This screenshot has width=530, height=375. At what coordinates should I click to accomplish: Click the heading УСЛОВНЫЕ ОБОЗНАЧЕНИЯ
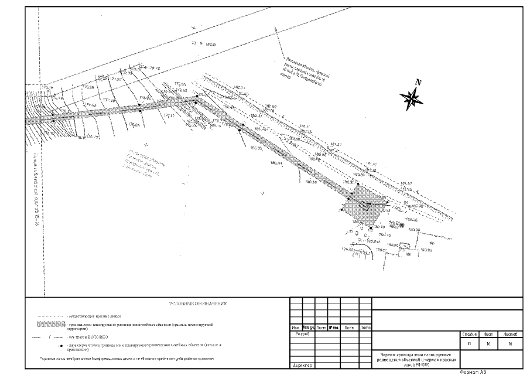(197, 304)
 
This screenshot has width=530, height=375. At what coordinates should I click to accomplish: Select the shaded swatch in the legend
(50, 324)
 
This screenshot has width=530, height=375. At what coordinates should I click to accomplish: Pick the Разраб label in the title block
(299, 333)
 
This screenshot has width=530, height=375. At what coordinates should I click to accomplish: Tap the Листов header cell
(510, 333)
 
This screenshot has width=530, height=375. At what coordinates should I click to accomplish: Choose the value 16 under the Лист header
(488, 344)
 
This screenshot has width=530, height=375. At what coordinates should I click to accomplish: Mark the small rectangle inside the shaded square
(364, 205)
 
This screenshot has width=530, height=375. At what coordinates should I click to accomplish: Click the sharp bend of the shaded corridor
(198, 99)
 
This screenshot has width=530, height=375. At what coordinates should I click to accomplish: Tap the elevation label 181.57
(406, 183)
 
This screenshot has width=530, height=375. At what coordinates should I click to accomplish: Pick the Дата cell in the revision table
(365, 328)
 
